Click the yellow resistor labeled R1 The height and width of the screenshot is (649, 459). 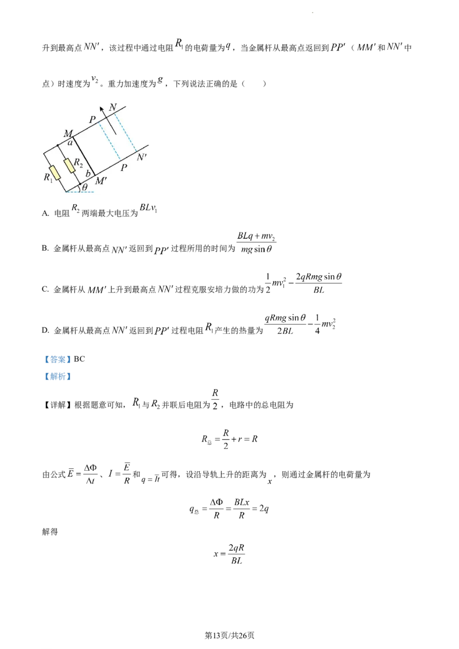[55, 171]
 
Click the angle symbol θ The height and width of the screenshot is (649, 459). [84, 187]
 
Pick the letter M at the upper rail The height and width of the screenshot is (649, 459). [68, 133]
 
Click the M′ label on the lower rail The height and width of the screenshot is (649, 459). [102, 181]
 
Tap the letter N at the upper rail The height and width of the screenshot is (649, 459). [112, 107]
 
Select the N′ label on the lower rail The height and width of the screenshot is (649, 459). [142, 156]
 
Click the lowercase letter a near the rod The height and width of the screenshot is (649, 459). [70, 142]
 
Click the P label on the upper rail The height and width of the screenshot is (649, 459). [91, 120]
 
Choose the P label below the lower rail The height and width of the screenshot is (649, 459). [123, 167]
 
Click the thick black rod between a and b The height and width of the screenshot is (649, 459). [83, 155]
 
